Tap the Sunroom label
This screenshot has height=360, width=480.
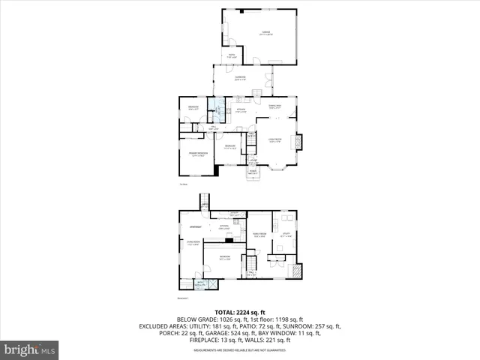point(241,78)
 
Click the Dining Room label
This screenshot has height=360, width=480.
point(274,107)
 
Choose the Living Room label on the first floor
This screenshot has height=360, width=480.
point(274,140)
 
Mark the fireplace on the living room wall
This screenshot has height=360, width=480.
point(298,141)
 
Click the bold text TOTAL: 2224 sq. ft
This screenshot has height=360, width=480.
point(240,312)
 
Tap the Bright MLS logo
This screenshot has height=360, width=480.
point(30,349)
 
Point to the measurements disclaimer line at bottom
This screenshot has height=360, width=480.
point(240,350)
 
